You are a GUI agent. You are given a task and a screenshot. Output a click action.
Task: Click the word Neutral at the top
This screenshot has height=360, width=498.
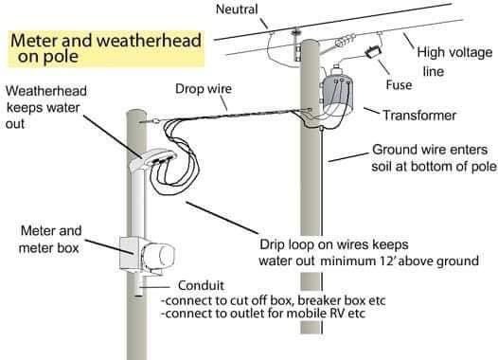[x=237, y=9]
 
